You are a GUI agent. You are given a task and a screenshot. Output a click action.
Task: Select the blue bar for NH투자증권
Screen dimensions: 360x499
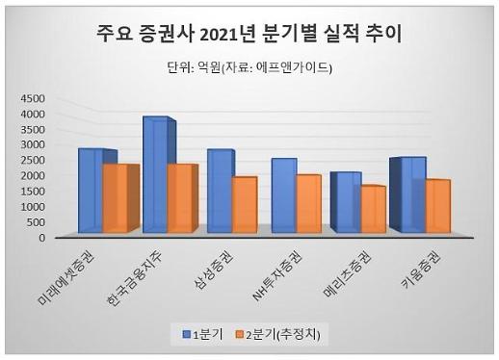pyautogui.click(x=282, y=194)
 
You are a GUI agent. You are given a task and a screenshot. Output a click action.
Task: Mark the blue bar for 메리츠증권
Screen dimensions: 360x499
pyautogui.click(x=346, y=201)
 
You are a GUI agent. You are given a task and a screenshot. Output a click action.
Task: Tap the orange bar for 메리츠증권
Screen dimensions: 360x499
pyautogui.click(x=371, y=209)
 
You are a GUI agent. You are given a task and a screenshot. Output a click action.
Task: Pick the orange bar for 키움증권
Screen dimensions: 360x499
pyautogui.click(x=435, y=206)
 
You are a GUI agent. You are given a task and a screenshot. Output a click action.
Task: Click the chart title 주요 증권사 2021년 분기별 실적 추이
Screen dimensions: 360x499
pyautogui.click(x=249, y=36)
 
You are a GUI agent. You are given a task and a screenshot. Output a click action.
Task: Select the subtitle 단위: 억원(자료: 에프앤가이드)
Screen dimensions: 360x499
pyautogui.click(x=249, y=68)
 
